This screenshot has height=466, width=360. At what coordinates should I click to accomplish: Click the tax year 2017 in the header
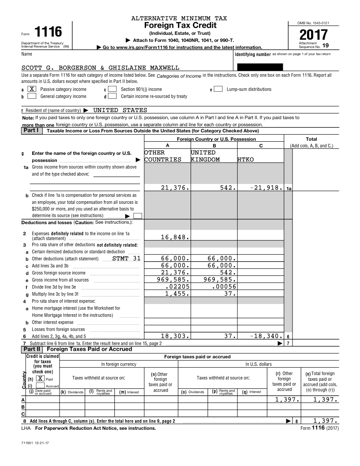coord(314,35)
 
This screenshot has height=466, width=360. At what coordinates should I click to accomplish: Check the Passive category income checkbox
coord(32,89)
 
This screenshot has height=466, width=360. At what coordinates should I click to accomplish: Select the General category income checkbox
coord(32,96)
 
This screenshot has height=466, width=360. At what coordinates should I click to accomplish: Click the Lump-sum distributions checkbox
coord(218,89)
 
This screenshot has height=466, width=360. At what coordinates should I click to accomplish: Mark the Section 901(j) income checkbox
coord(112,89)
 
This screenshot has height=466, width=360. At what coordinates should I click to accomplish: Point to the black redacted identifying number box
coord(260,68)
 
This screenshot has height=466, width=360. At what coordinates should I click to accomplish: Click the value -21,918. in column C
coord(263,188)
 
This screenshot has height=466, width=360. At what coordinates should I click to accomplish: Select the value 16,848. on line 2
coord(175,237)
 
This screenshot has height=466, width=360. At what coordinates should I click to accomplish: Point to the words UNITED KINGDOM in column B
coord(205,156)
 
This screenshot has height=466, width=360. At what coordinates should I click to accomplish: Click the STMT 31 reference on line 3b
coord(127,259)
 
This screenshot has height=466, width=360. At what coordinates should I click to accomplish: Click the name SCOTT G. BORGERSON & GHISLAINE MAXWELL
coord(100,68)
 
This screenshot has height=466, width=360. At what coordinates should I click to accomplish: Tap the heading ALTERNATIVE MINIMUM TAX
coord(179,19)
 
